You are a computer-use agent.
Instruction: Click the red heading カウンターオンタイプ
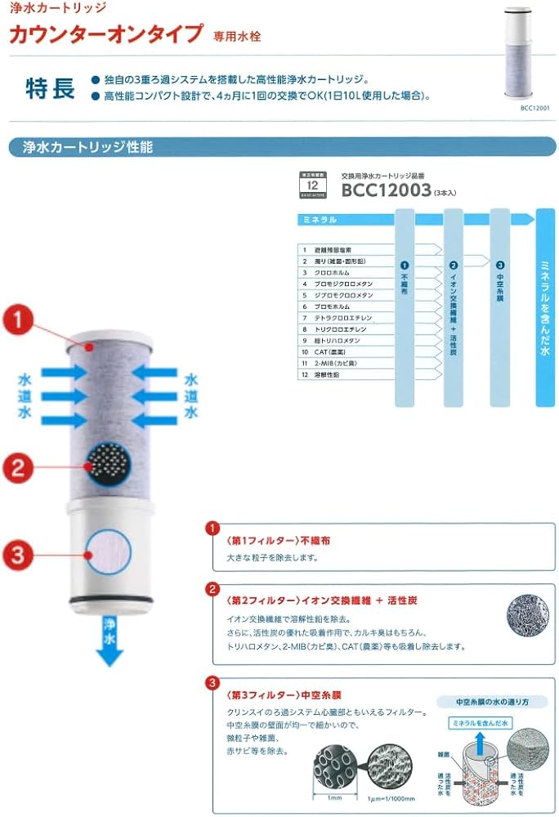(x=105, y=34)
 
